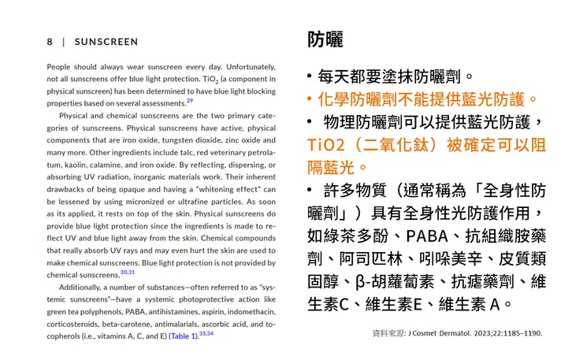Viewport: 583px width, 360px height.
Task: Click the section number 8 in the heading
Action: click(50, 42)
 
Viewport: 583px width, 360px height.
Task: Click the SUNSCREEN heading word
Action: click(106, 42)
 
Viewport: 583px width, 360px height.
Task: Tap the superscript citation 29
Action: click(190, 101)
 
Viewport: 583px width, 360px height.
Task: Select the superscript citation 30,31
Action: click(128, 272)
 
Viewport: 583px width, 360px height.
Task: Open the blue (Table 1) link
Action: click(184, 336)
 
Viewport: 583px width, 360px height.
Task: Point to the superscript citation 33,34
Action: click(206, 333)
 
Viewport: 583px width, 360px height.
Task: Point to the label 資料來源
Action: click(388, 333)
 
